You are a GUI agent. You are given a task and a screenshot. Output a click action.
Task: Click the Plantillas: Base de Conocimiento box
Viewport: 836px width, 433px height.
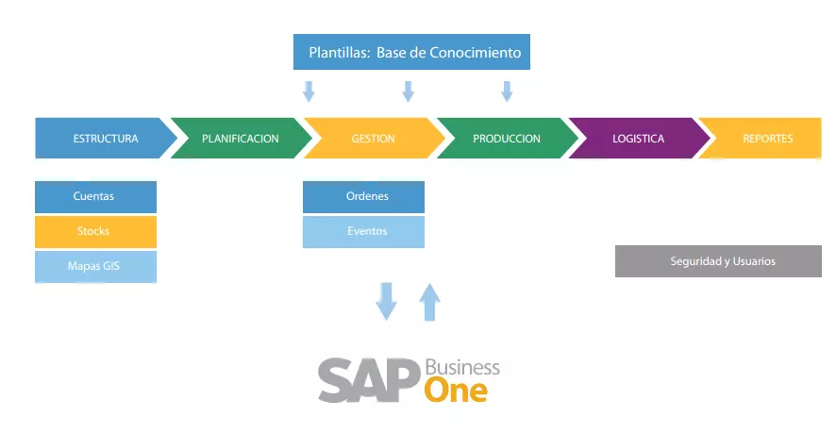coord(412,53)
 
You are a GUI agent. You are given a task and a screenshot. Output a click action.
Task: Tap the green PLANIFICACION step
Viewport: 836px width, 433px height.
coord(241,139)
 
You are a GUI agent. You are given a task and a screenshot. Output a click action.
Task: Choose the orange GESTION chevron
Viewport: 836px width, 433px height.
coord(374,139)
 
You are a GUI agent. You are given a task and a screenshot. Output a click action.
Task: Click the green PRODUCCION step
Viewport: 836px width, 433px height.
coord(507,139)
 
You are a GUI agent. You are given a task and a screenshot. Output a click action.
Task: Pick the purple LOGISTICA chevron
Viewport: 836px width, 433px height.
coord(639,139)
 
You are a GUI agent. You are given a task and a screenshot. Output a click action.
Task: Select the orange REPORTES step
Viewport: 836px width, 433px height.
coord(767,139)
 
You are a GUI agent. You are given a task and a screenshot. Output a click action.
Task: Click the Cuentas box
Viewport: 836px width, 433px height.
coord(95,196)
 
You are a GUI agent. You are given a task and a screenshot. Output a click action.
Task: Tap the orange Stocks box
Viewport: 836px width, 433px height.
coord(95,231)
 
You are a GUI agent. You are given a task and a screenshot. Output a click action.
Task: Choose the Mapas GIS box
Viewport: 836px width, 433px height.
coord(95,266)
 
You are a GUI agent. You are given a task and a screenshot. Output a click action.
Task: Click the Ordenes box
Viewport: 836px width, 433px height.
coord(363,196)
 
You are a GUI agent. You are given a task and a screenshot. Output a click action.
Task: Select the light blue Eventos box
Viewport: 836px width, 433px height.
coord(363,231)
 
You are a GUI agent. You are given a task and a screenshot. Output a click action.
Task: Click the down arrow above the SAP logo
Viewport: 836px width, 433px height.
coord(387,301)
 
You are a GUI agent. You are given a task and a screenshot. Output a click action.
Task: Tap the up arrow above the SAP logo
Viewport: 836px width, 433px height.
coord(429,301)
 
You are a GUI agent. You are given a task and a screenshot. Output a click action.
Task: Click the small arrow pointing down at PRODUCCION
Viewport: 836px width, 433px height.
coord(507,92)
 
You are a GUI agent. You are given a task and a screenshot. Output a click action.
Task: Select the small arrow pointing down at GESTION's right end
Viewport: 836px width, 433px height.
coord(409,92)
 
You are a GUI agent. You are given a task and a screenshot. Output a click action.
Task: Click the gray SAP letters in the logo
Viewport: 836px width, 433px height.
coord(368,380)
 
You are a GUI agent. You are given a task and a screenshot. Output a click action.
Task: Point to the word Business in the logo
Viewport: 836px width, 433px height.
coord(462,367)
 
